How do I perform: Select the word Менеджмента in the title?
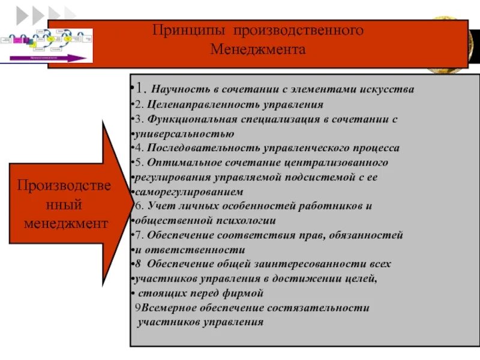(258, 49)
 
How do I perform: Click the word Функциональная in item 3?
(193, 119)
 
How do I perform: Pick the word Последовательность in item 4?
(199, 148)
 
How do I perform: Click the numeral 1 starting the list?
(138, 89)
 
